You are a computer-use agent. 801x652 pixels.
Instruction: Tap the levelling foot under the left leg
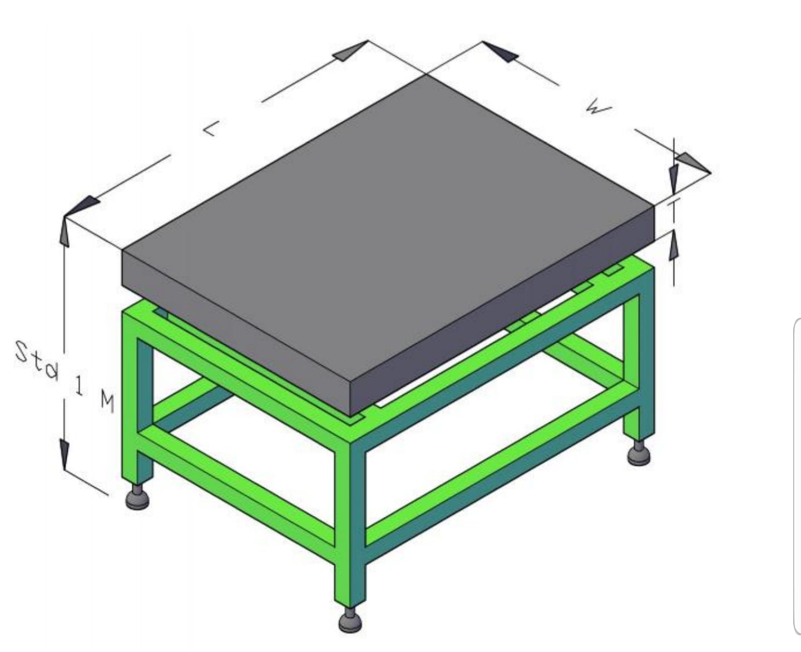pyautogui.click(x=138, y=496)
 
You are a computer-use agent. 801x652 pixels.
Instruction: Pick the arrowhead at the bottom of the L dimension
pyautogui.click(x=82, y=206)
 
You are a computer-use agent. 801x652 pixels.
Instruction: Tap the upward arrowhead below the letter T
pyautogui.click(x=674, y=245)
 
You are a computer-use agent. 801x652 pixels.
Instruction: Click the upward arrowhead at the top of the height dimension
pyautogui.click(x=65, y=231)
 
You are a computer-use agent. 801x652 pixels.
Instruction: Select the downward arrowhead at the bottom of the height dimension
pyautogui.click(x=65, y=454)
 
